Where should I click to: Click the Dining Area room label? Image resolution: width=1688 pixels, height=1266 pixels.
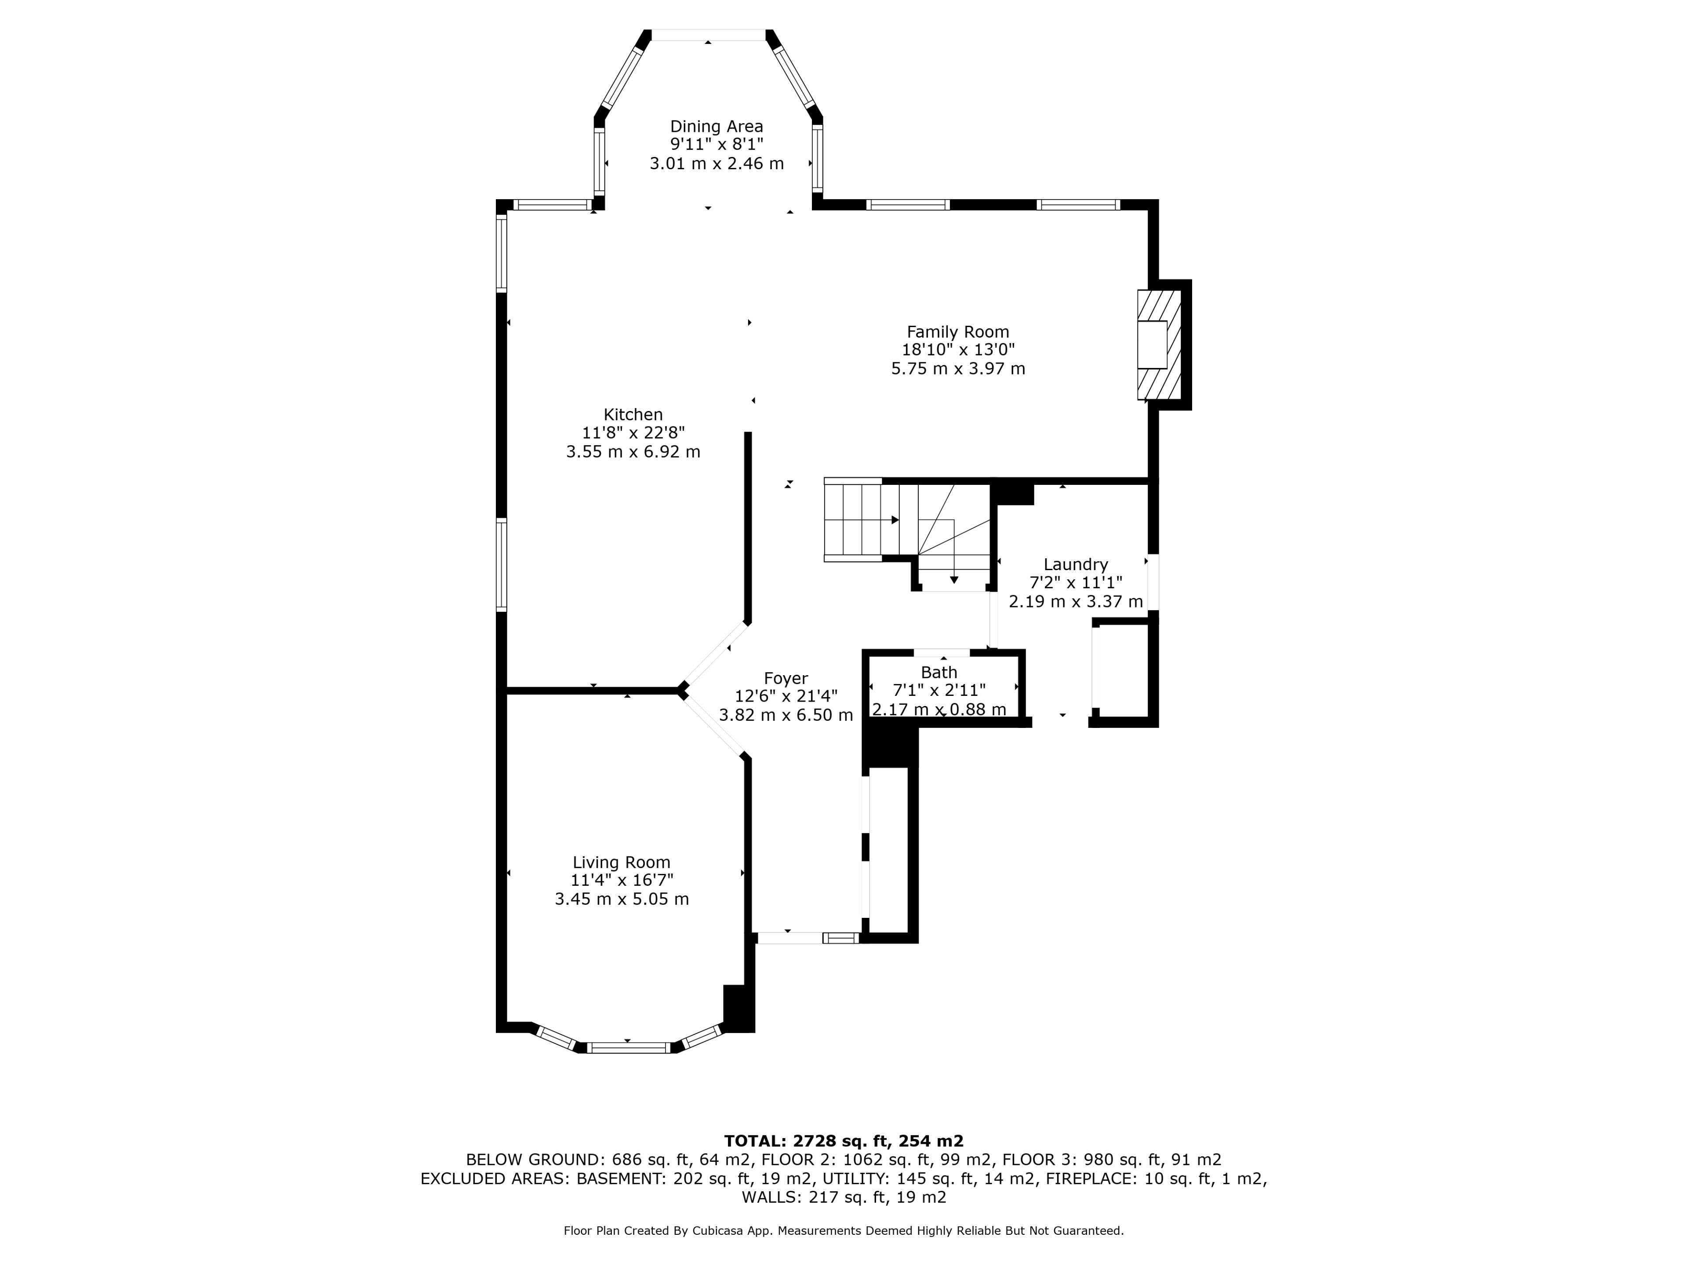(717, 127)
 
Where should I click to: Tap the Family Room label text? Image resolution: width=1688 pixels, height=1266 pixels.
(958, 332)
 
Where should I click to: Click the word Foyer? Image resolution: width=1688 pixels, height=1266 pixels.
(786, 678)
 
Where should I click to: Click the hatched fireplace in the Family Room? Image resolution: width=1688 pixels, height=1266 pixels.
(1159, 345)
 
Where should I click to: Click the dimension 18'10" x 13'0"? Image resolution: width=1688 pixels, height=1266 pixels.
(958, 350)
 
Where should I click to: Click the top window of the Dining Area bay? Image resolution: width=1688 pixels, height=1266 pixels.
(708, 35)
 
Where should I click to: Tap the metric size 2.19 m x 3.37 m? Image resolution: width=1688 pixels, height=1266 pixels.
(1076, 601)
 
